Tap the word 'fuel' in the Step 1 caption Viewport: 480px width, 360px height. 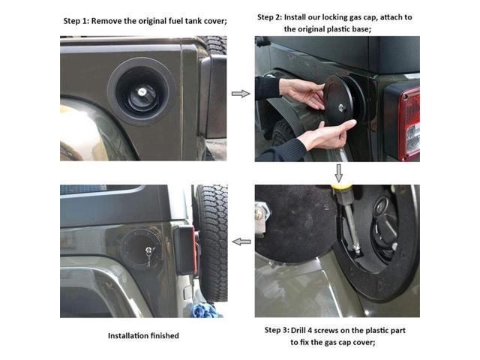click(169, 21)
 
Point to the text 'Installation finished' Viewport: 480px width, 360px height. click(143, 336)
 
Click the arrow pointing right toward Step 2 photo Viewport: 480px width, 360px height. click(240, 94)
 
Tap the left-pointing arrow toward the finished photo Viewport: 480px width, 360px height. click(241, 241)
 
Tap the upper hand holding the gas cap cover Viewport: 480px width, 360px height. click(304, 94)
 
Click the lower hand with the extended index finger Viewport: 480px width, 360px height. click(322, 135)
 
